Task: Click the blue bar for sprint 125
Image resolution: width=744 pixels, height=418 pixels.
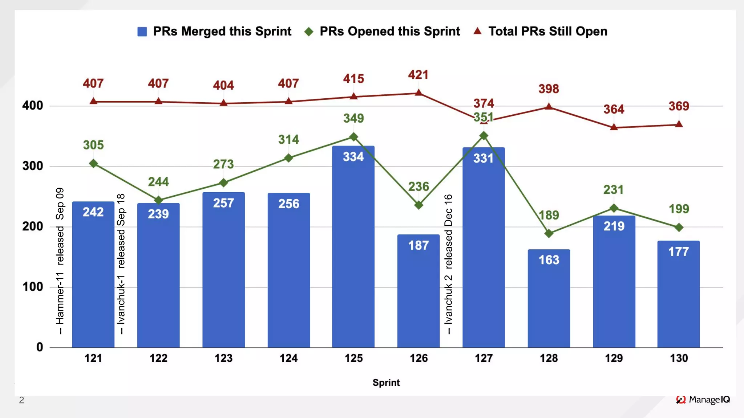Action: [353, 247]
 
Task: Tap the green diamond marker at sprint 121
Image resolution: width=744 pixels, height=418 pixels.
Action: [93, 164]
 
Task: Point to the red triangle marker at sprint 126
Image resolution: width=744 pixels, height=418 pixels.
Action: [418, 93]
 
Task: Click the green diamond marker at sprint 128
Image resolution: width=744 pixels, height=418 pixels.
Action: [549, 233]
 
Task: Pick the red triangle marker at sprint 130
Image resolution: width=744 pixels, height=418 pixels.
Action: [679, 124]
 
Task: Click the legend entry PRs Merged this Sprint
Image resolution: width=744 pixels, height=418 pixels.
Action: [214, 32]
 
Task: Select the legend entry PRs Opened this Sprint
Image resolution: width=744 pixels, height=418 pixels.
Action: [382, 32]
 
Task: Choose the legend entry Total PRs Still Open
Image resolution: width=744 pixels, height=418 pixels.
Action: [541, 32]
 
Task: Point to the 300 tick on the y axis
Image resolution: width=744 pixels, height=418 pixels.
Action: [33, 166]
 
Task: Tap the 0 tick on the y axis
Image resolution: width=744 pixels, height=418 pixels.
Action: [40, 347]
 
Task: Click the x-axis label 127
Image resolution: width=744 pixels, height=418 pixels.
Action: [484, 358]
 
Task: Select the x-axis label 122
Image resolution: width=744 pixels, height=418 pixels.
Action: [158, 358]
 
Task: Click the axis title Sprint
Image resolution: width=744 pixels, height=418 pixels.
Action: [386, 383]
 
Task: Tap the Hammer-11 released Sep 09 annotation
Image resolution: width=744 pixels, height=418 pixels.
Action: [60, 261]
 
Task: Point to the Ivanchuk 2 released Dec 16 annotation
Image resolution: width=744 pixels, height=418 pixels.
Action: [449, 264]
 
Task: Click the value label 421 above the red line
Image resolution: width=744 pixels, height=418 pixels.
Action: [418, 75]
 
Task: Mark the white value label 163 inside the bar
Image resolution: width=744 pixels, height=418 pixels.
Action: [549, 260]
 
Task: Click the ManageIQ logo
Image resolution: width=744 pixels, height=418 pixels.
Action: [703, 400]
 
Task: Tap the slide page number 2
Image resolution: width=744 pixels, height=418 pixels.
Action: [22, 400]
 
